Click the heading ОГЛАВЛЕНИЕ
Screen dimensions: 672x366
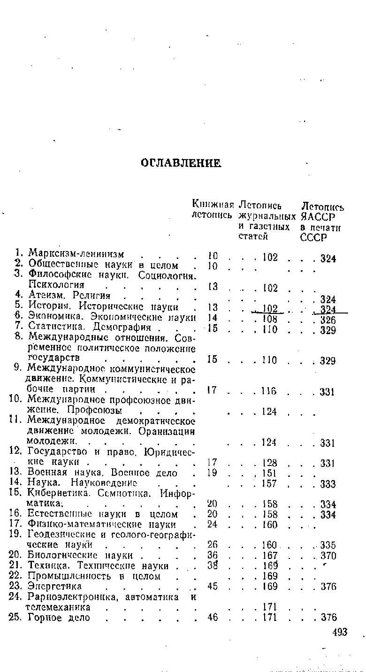[181, 163]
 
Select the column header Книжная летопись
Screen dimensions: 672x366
[213, 210]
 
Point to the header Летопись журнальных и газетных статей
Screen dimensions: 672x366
[267, 221]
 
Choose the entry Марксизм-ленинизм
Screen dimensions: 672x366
[76, 254]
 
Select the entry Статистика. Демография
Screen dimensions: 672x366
[89, 327]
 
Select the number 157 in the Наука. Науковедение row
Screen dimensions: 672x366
[270, 483]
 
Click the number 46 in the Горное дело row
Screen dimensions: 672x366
[213, 618]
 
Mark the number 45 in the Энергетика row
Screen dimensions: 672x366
[213, 587]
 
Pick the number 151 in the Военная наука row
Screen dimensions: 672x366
[270, 473]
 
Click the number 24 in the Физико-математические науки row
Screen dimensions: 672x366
[213, 525]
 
